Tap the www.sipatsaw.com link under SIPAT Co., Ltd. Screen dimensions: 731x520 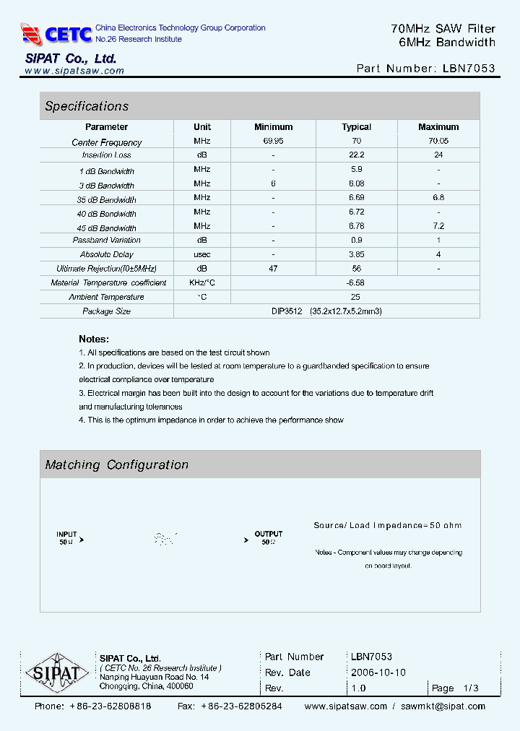coord(74,71)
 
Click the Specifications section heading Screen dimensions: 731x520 coord(87,106)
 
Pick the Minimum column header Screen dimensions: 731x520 coord(273,127)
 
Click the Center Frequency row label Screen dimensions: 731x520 coord(107,142)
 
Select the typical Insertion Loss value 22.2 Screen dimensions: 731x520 coord(356,155)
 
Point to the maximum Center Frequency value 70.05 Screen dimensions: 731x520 coord(438,142)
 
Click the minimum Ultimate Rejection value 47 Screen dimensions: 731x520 coord(273,268)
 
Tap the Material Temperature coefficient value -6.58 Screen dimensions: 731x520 coord(355,282)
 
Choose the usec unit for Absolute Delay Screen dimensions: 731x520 coord(202,254)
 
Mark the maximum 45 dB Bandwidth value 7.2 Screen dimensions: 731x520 coord(438,226)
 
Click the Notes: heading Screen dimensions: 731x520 coord(94,339)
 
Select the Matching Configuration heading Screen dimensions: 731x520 coord(116,465)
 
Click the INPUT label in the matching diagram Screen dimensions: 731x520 coord(66,535)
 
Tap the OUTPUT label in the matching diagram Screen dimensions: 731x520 coord(268,535)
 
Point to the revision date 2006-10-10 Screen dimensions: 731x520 coord(378,672)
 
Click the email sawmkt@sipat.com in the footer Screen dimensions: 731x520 coord(443,706)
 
